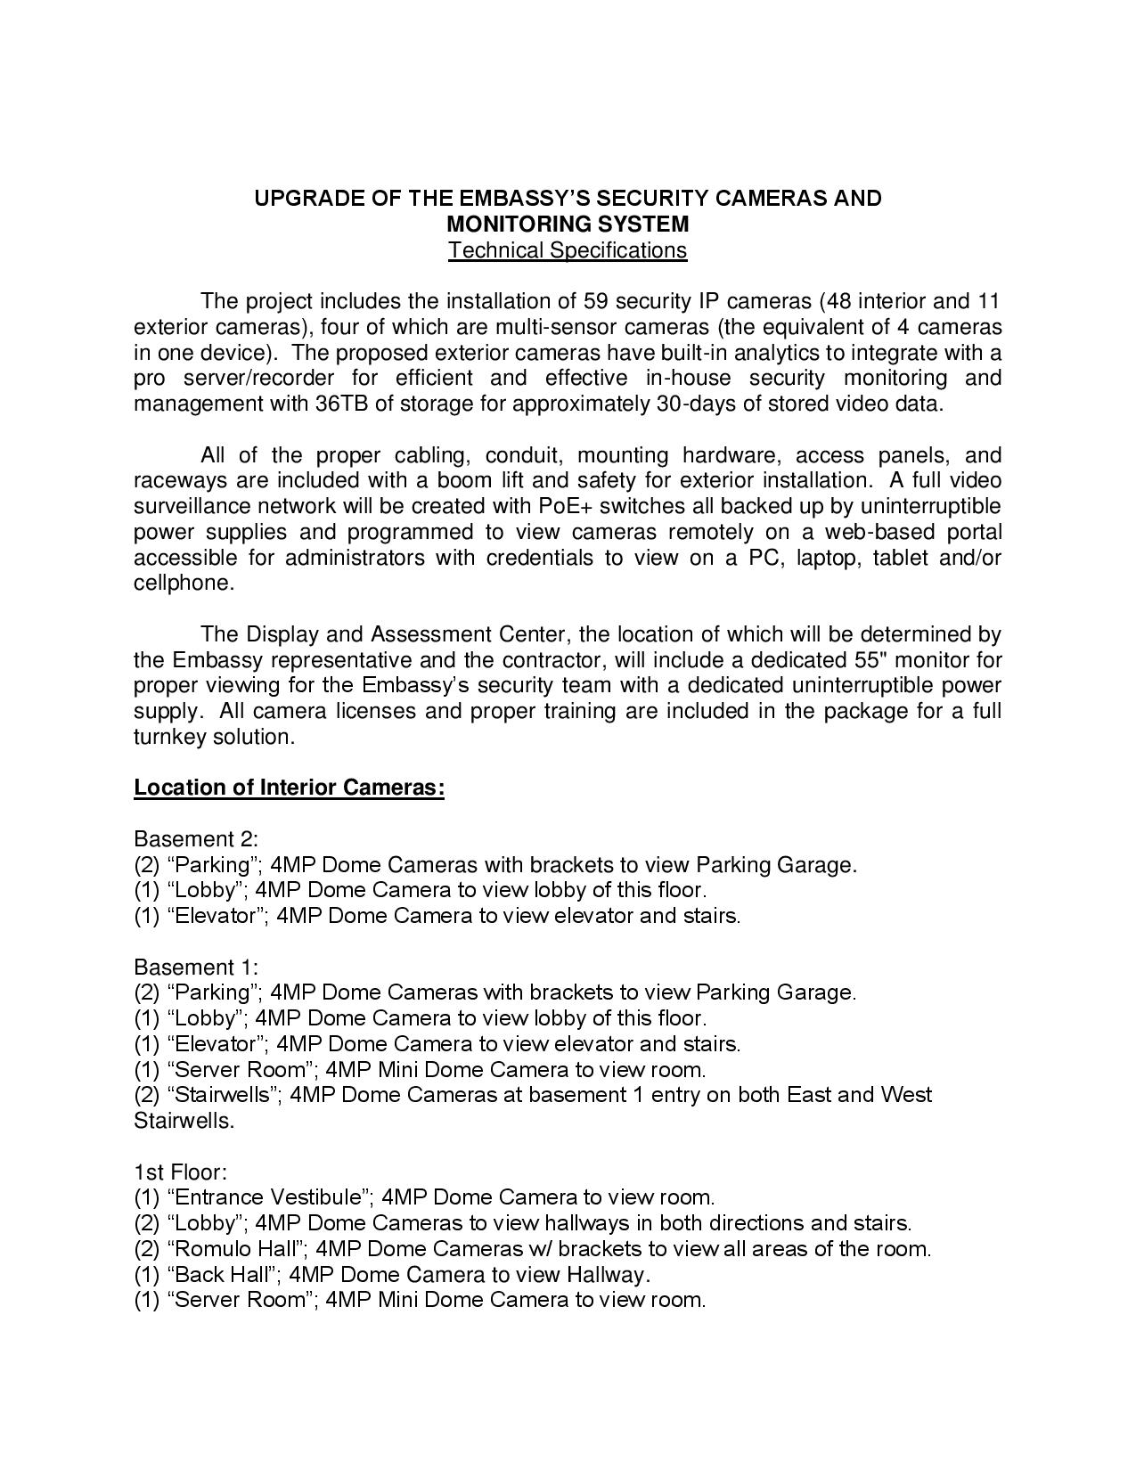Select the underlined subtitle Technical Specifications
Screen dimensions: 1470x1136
tap(568, 250)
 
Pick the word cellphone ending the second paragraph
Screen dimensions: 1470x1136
tap(182, 584)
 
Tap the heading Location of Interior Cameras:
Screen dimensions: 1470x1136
tap(289, 788)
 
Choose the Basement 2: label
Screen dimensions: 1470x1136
tap(196, 839)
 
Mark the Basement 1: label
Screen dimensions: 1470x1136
tap(196, 968)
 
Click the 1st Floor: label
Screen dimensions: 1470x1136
tap(181, 1172)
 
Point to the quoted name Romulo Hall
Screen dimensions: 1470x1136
tap(236, 1248)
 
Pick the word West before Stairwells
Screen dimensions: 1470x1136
tap(905, 1094)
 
